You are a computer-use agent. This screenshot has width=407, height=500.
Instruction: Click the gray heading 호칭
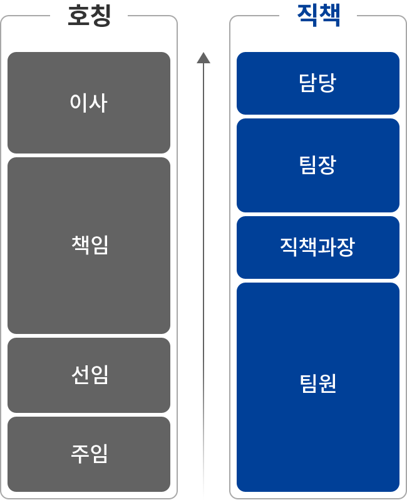click(x=90, y=16)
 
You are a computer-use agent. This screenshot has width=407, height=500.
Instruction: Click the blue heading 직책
click(x=318, y=15)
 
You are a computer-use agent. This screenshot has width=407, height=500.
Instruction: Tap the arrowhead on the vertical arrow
click(x=203, y=58)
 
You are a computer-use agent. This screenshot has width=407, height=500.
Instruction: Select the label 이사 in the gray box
click(x=89, y=103)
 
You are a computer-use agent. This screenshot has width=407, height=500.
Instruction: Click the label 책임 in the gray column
click(x=90, y=245)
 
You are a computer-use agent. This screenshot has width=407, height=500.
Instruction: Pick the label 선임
click(x=90, y=375)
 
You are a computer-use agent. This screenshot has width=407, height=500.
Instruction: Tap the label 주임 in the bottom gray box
click(x=90, y=454)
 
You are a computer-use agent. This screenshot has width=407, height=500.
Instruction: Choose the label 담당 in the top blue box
click(x=317, y=83)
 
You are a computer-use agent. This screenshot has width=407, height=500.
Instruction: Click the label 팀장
click(x=317, y=165)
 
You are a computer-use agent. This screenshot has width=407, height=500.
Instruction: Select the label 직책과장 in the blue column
click(x=317, y=247)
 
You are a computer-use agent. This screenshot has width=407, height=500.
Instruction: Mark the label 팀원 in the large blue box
click(x=317, y=383)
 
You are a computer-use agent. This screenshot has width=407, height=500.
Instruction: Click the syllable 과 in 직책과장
click(x=327, y=247)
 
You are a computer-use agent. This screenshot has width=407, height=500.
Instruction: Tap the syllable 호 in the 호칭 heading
click(x=78, y=16)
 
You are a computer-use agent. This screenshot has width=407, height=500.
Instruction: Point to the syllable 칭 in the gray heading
click(x=100, y=16)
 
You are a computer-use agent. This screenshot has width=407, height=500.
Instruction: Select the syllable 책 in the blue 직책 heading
click(x=329, y=15)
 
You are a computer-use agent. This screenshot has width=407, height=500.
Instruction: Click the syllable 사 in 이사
click(x=98, y=103)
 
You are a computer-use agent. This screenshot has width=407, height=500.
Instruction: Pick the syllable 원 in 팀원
click(x=327, y=383)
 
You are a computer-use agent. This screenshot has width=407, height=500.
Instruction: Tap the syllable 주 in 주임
click(x=80, y=454)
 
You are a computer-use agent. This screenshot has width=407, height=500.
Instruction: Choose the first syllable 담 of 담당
click(x=308, y=83)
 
